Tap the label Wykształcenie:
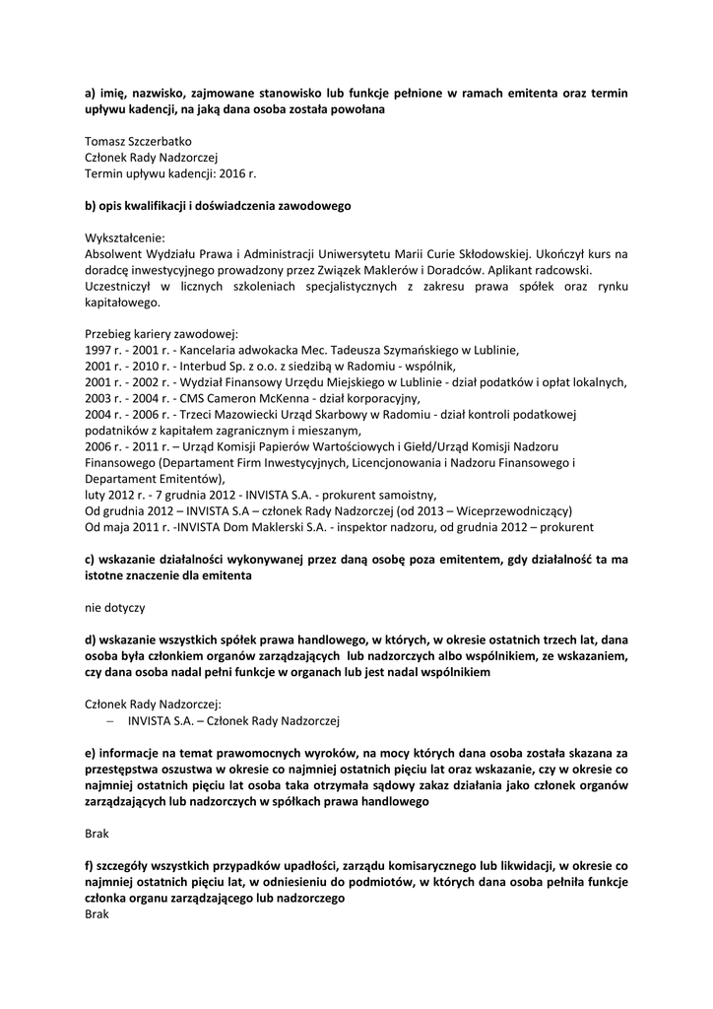(125, 237)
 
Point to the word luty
(96, 493)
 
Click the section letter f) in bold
(91, 865)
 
